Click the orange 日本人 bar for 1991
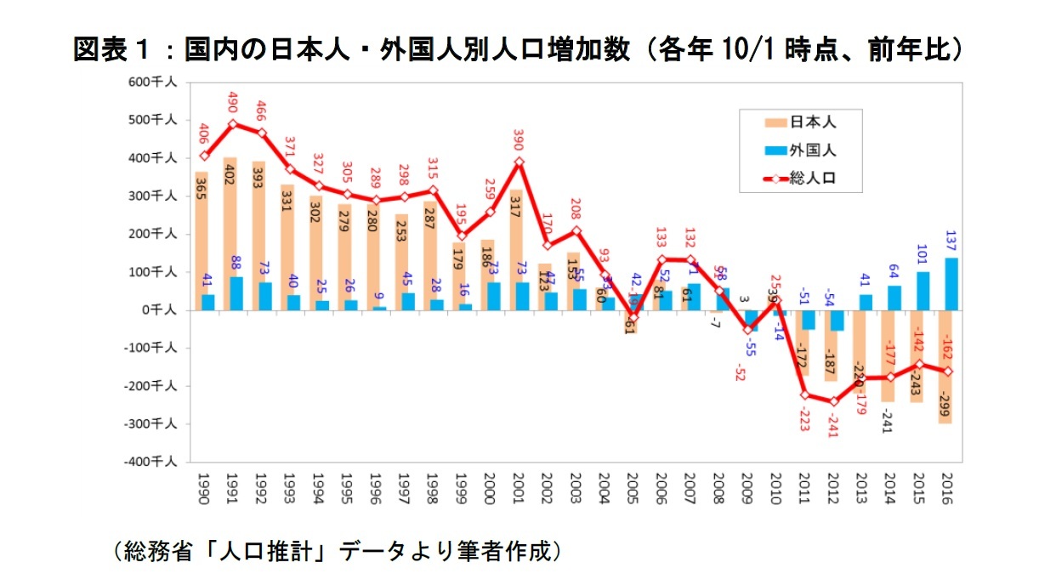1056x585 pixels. pos(230,234)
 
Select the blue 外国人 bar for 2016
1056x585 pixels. pos(952,284)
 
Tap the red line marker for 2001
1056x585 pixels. pos(519,162)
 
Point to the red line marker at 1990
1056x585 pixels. pos(203,156)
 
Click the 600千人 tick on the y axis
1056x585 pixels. pos(154,82)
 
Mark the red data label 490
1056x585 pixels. pos(231,102)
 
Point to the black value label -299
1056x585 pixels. pos(945,406)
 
